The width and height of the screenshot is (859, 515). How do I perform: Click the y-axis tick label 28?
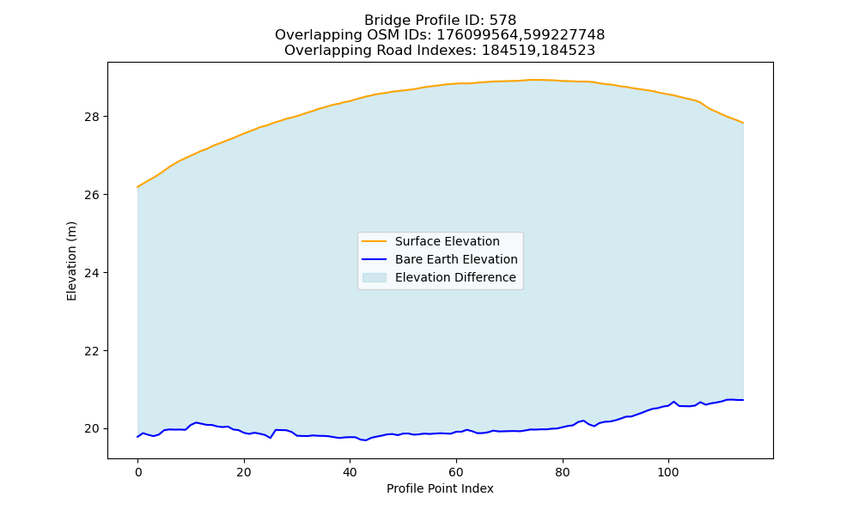(92, 117)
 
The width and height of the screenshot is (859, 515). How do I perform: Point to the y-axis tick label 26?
(92, 195)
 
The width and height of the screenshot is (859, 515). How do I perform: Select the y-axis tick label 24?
(92, 273)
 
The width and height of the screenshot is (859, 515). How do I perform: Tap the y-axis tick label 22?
(92, 351)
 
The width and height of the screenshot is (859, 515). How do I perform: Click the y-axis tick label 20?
(92, 428)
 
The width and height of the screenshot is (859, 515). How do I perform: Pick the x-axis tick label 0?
(137, 473)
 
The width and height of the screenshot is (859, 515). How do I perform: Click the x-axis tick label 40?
(350, 473)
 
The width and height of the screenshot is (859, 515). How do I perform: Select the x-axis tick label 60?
(456, 473)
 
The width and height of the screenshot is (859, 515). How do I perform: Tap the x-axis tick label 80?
(562, 473)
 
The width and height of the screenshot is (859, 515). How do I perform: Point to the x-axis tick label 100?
(668, 473)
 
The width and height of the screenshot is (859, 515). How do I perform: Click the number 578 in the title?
(503, 21)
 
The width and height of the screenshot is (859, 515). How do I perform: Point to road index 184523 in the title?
(569, 51)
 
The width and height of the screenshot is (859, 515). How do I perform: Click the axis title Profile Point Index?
(440, 488)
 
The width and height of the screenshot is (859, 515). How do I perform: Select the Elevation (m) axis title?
(71, 261)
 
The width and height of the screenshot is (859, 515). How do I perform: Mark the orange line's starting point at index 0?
(137, 187)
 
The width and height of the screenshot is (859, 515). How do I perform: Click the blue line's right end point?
(743, 400)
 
